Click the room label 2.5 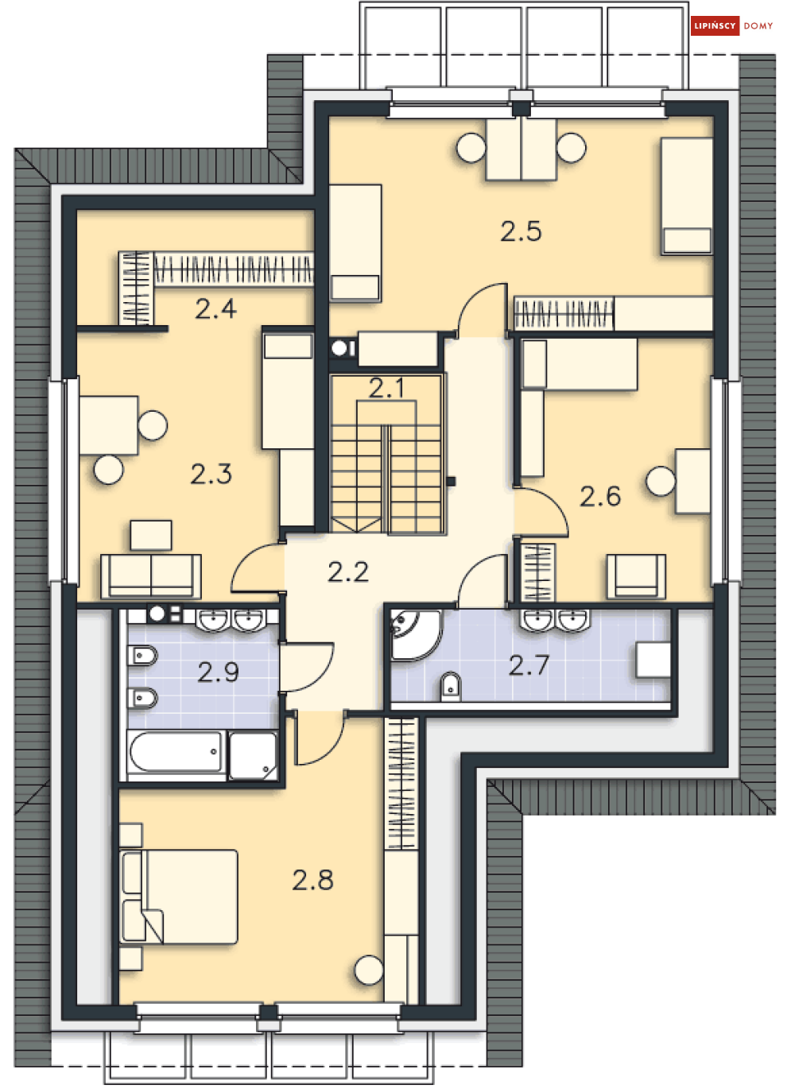(521, 231)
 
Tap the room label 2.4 (216, 308)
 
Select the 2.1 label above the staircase (386, 387)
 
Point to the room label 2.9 (219, 672)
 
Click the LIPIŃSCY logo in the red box (715, 25)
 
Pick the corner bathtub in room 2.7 (416, 636)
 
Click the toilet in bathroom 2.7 (451, 686)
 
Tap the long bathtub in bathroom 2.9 (176, 752)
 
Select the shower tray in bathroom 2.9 (253, 755)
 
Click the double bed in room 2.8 (179, 897)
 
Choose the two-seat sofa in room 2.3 (151, 576)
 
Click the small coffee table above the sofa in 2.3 (151, 535)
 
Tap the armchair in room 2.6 (636, 576)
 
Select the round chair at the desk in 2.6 (661, 481)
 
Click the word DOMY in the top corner (758, 25)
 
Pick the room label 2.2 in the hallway (348, 572)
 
